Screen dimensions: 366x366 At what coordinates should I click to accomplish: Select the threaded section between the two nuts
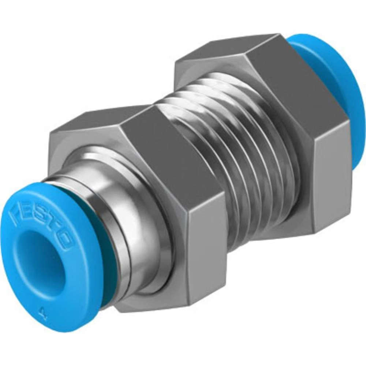click(x=234, y=146)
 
